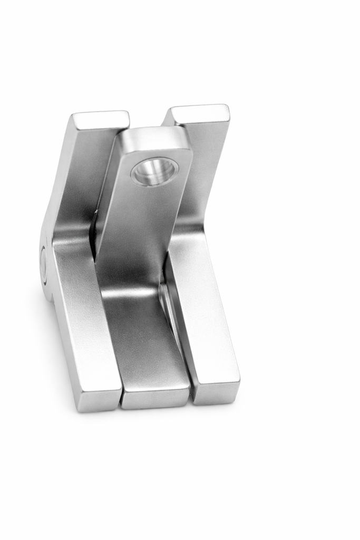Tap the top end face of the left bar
(x=101, y=119)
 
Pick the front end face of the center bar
(x=155, y=398)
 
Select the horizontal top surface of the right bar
(x=203, y=316)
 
